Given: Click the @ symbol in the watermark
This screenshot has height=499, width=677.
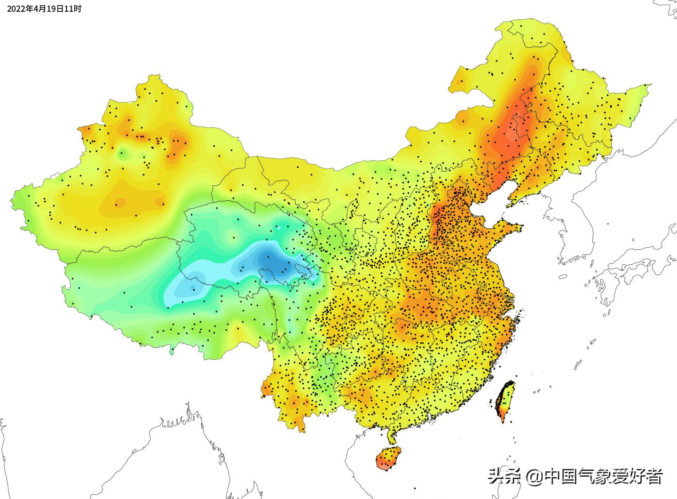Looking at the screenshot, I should pos(534,477).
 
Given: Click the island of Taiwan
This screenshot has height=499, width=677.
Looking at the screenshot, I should pos(505,400).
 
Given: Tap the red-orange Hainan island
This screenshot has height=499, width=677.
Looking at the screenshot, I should pos(387,459).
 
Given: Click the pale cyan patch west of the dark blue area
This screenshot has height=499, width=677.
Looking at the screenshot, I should pos(197,282).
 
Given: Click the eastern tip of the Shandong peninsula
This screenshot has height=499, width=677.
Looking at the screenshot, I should pos(521,229).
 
